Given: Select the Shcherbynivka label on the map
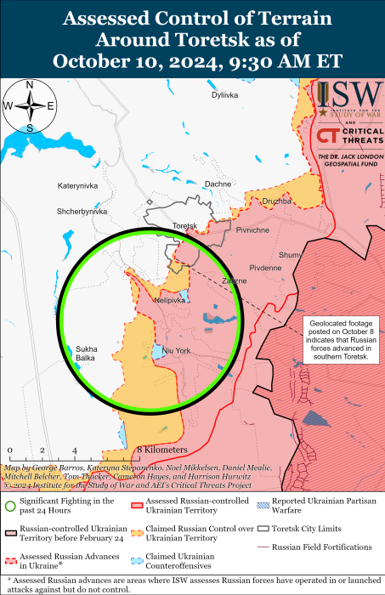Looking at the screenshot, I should click(82, 211).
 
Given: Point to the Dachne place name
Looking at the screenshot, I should click(218, 184).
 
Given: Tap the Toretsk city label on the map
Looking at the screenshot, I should click(184, 225).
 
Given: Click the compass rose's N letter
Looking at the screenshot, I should click(30, 85).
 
